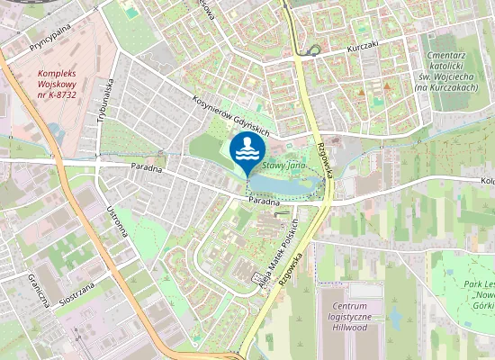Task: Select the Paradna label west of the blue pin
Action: click(x=146, y=167)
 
